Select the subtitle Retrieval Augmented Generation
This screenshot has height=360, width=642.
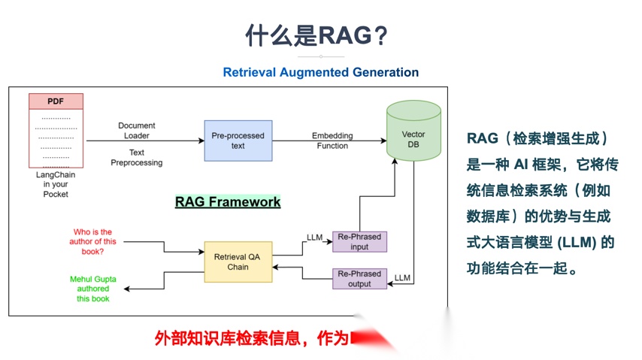click(320, 72)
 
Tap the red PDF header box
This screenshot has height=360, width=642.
click(56, 101)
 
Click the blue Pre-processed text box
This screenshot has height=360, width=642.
click(238, 141)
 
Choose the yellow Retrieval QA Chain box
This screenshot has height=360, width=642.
click(238, 261)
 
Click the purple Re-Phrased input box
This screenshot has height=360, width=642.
click(360, 241)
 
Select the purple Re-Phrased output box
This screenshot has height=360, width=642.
click(360, 278)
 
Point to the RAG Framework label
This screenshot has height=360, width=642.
click(228, 201)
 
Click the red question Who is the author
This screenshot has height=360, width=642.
click(92, 241)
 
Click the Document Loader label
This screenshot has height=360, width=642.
click(136, 131)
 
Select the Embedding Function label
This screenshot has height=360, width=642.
click(332, 141)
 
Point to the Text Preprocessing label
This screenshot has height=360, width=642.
click(136, 157)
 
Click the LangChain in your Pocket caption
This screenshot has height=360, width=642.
click(56, 184)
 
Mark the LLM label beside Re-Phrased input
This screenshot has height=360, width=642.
click(314, 237)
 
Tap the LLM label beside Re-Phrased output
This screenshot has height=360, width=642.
click(402, 278)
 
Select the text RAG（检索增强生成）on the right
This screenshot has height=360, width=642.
click(537, 138)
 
